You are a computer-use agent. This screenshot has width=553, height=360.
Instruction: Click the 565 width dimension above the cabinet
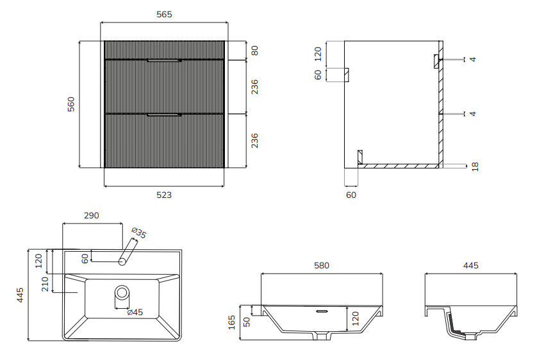[x=164, y=15]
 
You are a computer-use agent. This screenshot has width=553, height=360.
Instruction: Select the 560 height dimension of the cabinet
[x=71, y=104]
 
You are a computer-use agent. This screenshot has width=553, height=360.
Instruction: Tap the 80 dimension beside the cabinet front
[x=254, y=51]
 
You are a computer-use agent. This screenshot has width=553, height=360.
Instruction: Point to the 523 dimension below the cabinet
[x=164, y=195]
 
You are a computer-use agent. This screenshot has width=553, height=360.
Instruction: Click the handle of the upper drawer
[x=164, y=61]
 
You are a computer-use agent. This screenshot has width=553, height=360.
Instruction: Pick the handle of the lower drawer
[x=164, y=115]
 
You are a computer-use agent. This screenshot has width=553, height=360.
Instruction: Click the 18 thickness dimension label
[x=475, y=167]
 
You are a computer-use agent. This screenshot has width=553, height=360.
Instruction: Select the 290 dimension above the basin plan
[x=92, y=215]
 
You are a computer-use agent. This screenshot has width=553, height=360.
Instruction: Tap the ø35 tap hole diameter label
[x=138, y=233]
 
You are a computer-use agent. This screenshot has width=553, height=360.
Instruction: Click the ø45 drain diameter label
[x=135, y=312]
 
